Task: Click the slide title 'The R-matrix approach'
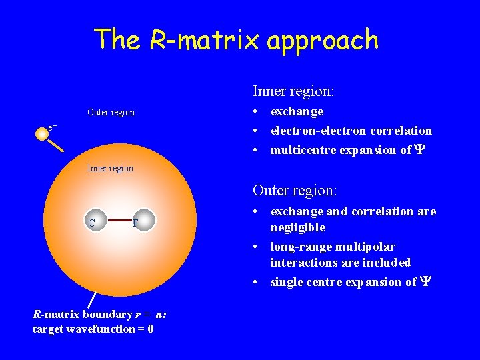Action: (x=237, y=40)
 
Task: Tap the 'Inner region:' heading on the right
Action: (x=293, y=90)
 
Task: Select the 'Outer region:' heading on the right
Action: (x=294, y=190)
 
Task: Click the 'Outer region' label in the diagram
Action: (x=111, y=113)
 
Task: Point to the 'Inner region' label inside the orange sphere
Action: (x=111, y=168)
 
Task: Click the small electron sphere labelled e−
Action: (x=42, y=134)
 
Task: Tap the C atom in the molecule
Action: (x=92, y=223)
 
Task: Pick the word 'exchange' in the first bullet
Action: (x=297, y=111)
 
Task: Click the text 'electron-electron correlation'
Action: (x=351, y=131)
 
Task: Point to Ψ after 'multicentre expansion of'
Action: (x=419, y=150)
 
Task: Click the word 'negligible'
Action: (x=297, y=227)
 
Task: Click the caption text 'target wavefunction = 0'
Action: (x=93, y=329)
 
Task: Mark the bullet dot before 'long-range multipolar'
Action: (x=256, y=247)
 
